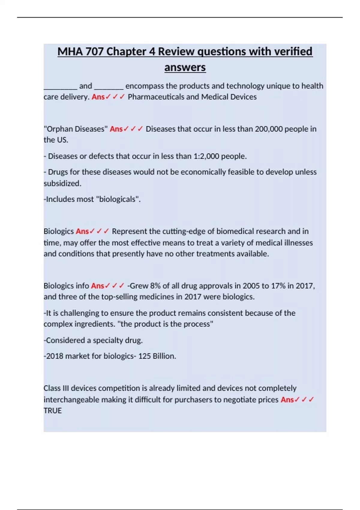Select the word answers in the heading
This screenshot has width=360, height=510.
pos(185,67)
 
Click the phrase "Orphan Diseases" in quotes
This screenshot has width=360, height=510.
pos(76,129)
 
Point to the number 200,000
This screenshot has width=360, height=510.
pos(268,129)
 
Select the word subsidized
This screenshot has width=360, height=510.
pos(62,183)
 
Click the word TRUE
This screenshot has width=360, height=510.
pos(52,410)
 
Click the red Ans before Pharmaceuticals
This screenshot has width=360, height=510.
pos(98,97)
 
